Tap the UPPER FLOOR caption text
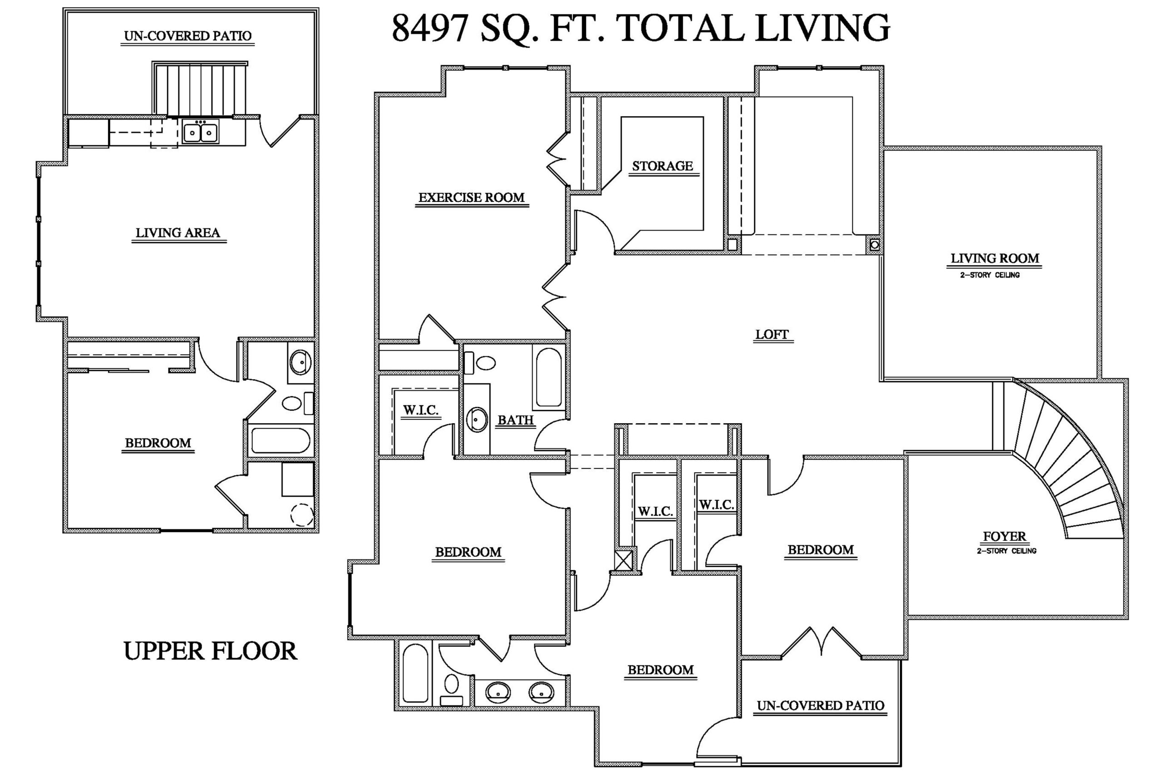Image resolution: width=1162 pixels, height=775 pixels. (x=210, y=651)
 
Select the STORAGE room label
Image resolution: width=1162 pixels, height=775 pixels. (x=662, y=166)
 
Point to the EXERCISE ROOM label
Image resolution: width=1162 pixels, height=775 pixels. (x=471, y=197)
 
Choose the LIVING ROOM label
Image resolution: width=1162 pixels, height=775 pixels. (x=995, y=258)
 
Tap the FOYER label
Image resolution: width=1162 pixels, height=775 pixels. (x=1004, y=536)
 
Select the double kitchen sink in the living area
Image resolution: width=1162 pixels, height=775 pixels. (x=200, y=133)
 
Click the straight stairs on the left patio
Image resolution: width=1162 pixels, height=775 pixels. (x=200, y=89)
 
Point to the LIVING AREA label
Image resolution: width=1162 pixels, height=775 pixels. (x=178, y=233)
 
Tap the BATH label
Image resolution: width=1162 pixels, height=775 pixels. (x=515, y=420)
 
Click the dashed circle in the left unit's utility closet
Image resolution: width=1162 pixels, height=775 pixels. (x=301, y=514)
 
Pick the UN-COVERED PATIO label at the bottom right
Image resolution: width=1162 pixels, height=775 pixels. (x=820, y=706)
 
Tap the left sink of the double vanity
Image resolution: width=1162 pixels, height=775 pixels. (x=497, y=692)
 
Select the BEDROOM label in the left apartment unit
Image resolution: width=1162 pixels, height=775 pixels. (x=158, y=443)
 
